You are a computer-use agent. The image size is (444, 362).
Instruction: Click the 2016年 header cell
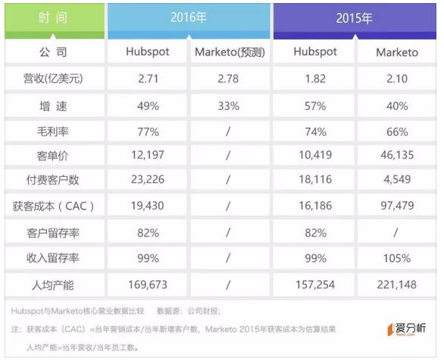189,17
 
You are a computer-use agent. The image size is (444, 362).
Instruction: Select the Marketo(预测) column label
228,52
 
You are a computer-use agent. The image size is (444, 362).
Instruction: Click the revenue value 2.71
148,78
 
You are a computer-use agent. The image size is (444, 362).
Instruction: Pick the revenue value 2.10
396,78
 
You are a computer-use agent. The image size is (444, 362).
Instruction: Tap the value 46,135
396,156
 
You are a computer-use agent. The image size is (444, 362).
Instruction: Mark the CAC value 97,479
396,206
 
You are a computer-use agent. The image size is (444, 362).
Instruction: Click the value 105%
396,258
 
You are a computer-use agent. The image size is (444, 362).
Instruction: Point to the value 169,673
148,284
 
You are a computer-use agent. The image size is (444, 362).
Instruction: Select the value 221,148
396,284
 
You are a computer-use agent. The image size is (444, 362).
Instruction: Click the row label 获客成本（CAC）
55,206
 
